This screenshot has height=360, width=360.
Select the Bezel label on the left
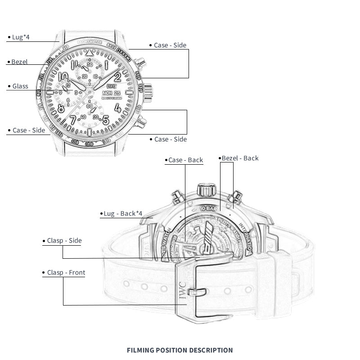(19, 62)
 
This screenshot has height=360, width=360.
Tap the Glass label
(20, 86)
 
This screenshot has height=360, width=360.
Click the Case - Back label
(185, 160)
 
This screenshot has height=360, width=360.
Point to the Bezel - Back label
(239, 158)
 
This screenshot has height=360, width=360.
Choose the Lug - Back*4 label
(119, 213)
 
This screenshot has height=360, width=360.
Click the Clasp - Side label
(64, 241)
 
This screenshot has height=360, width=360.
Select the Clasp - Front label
(66, 273)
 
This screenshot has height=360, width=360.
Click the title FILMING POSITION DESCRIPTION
(180, 350)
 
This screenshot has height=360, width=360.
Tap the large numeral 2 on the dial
(118, 75)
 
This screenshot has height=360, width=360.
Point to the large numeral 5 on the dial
(106, 120)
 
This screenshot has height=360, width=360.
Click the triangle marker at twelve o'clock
(90, 53)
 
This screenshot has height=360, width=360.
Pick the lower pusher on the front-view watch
(142, 120)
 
